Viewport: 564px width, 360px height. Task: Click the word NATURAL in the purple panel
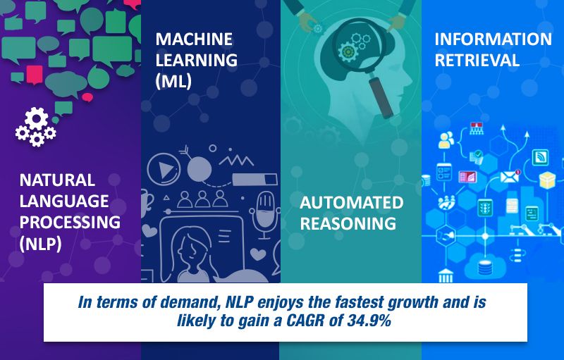[x=57, y=180]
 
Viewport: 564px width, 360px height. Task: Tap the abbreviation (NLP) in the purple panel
[x=41, y=244]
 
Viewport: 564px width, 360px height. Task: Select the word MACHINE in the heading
[x=194, y=39]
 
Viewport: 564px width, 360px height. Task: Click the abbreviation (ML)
[x=173, y=82]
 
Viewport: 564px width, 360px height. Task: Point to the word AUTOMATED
[x=351, y=203]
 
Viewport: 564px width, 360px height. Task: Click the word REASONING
[x=348, y=223]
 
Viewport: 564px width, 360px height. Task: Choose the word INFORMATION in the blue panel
[x=493, y=39]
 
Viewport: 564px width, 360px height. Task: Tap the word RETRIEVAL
[x=477, y=60]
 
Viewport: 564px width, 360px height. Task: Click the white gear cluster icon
[x=36, y=127]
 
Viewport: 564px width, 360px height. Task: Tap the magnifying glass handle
[x=381, y=97]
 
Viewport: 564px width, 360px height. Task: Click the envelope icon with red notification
[x=510, y=176]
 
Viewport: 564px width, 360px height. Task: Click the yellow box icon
[x=548, y=180]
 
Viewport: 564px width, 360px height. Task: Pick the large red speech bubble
[x=35, y=75]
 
